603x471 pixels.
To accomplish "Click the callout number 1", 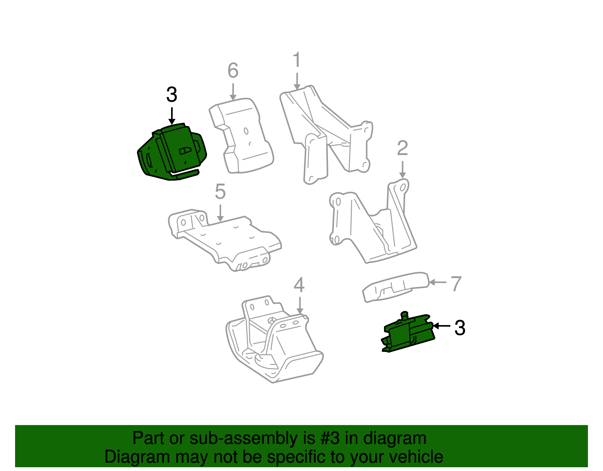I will pyautogui.click(x=297, y=60).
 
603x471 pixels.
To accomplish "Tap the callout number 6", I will pyautogui.click(x=233, y=71).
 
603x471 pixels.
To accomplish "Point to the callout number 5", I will pyautogui.click(x=220, y=192).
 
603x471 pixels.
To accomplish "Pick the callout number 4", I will pyautogui.click(x=299, y=285).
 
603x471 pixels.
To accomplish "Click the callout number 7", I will pyautogui.click(x=456, y=284).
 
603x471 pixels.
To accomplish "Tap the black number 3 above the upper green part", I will pyautogui.click(x=171, y=95).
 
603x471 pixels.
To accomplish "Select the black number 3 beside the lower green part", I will pyautogui.click(x=460, y=328).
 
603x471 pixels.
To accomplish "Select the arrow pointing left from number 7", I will pyautogui.click(x=437, y=282).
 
